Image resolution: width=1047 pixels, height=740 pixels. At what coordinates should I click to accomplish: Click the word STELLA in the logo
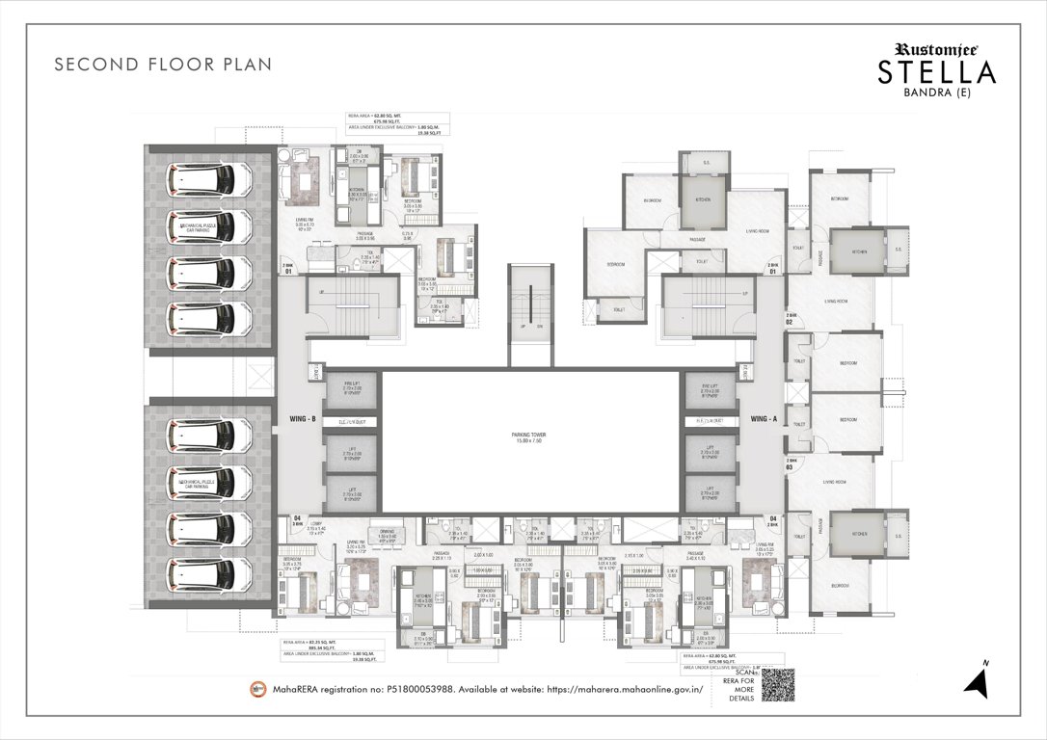[x=936, y=72]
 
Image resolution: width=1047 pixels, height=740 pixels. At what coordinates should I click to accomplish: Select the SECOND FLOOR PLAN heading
[x=163, y=65]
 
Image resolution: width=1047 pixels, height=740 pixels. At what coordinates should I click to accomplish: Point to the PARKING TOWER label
[x=528, y=437]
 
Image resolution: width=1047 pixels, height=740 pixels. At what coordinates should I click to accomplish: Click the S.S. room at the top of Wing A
[x=705, y=163]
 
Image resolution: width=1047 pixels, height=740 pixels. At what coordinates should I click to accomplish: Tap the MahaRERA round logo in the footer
[x=257, y=689]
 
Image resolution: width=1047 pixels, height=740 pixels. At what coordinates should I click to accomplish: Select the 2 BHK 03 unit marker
[x=792, y=464]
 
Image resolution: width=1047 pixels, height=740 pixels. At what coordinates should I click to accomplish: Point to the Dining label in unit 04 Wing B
[x=385, y=532]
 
